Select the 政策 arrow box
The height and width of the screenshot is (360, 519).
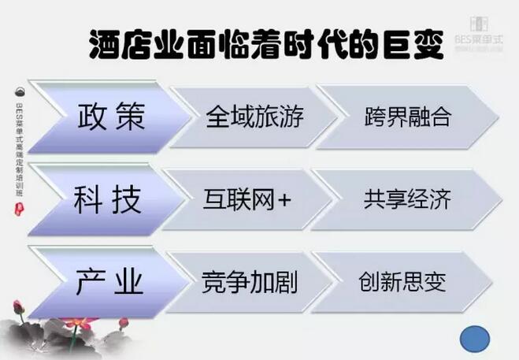[x=110, y=118]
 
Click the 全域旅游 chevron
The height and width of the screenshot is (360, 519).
[x=254, y=118]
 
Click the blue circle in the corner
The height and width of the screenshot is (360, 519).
[x=475, y=339]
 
